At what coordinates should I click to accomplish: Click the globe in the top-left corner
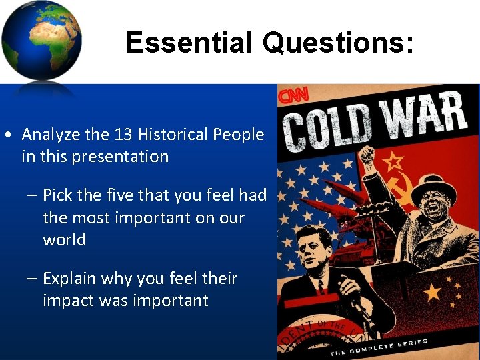(x=41, y=41)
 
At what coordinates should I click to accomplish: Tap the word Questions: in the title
(x=338, y=43)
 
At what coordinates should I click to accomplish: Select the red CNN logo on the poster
(x=293, y=96)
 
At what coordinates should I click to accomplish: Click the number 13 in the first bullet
(x=123, y=135)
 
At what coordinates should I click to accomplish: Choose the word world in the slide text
(x=65, y=240)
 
